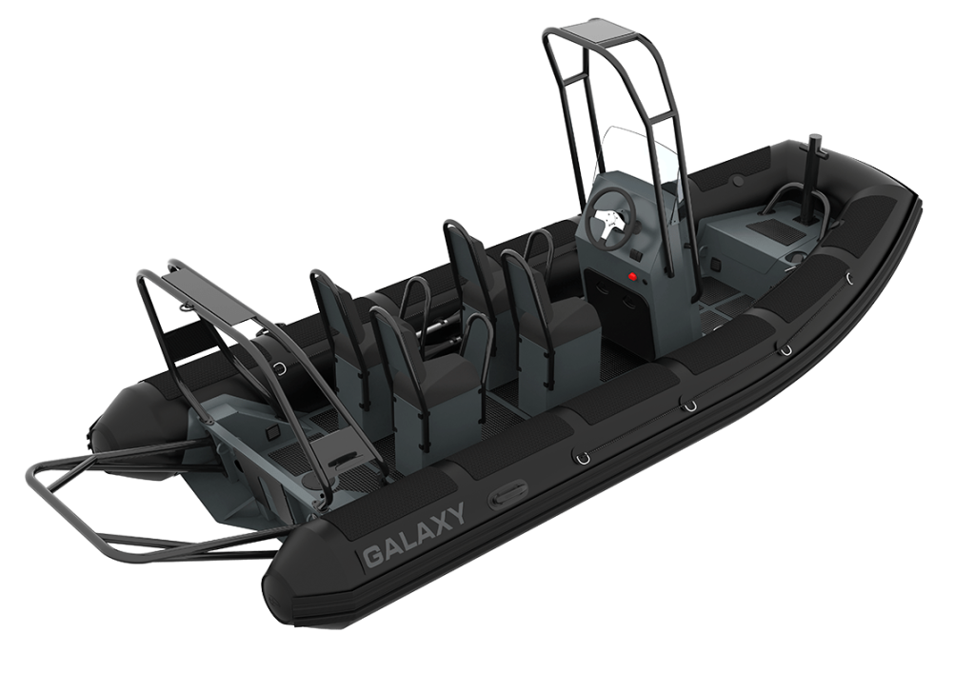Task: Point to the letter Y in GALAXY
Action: tap(456, 514)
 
